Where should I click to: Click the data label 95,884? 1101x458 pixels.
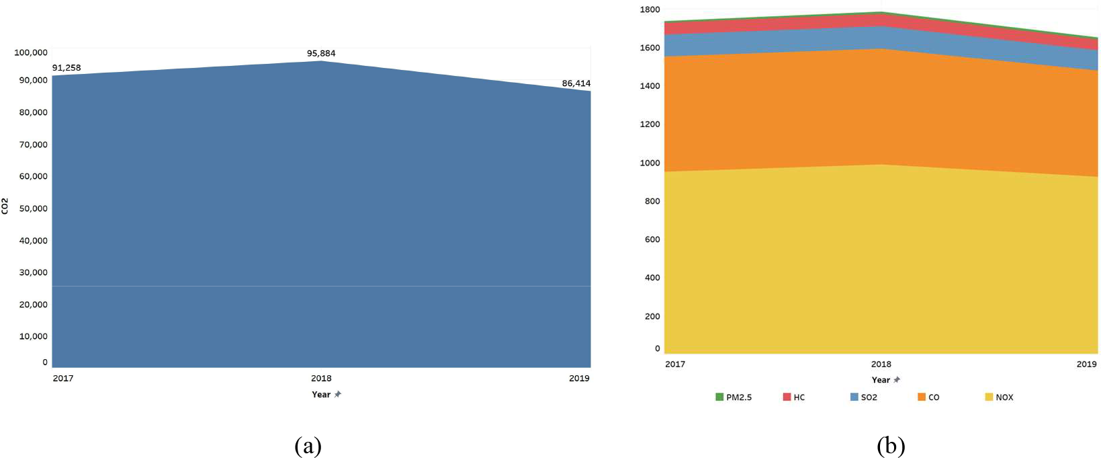(321, 53)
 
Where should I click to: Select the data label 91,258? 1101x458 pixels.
(67, 68)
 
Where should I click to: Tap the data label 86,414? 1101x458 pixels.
(576, 83)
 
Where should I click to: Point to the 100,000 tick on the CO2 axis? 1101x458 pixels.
(31, 52)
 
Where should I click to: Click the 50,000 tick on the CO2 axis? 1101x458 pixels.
(33, 208)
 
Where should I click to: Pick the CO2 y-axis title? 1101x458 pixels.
(5, 206)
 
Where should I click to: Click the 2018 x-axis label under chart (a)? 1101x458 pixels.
(321, 378)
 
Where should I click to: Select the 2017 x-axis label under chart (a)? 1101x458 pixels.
(63, 378)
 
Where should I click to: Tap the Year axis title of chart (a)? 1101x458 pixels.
(321, 394)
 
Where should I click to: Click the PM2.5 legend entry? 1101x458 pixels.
(734, 397)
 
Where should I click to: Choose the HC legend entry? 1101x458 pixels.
(794, 397)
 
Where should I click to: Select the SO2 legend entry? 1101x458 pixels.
(864, 397)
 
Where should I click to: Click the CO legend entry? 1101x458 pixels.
(929, 397)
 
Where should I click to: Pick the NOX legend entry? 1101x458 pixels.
(1000, 397)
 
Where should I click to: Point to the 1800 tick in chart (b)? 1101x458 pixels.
(650, 9)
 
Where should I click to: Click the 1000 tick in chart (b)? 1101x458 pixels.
(650, 163)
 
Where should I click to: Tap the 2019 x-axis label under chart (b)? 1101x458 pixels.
(1086, 364)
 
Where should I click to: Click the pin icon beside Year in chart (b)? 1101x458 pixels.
(897, 380)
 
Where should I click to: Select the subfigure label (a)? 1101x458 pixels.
(308, 446)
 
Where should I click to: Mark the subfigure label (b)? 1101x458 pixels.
(891, 446)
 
